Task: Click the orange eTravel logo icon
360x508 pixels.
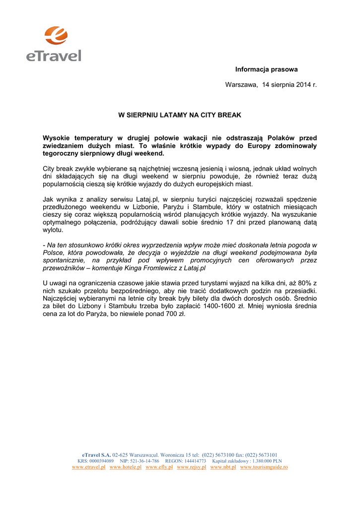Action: point(56,35)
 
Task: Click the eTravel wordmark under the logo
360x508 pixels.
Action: point(54,55)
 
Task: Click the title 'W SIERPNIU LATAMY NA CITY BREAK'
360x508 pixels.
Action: point(179,115)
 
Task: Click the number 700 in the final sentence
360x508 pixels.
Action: point(170,315)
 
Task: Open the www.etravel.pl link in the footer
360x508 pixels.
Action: point(88,467)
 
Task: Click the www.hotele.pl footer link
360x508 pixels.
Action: point(125,467)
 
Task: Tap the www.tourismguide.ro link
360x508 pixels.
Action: point(264,467)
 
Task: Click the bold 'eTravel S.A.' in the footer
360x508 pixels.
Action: point(96,454)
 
